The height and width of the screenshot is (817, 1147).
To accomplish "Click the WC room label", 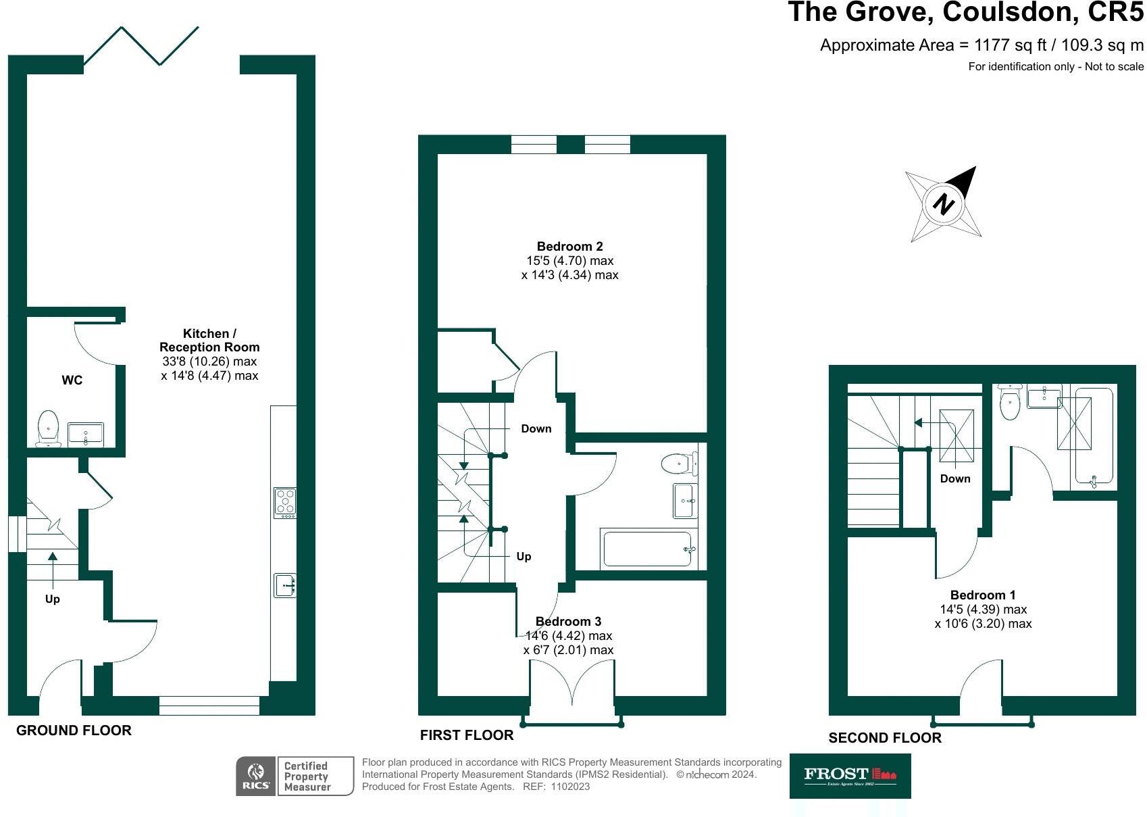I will (x=72, y=380).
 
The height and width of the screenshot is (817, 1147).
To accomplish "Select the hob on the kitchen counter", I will (x=284, y=502).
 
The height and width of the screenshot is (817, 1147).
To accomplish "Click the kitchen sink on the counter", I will (x=284, y=585).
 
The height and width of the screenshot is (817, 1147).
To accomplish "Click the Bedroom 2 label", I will (x=569, y=247).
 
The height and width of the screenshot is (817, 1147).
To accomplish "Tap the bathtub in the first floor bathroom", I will (x=647, y=549).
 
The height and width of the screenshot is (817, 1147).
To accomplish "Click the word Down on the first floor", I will (x=536, y=428).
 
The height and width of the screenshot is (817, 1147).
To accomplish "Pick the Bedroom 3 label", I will (x=568, y=621).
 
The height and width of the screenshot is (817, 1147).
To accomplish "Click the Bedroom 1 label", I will (x=982, y=595).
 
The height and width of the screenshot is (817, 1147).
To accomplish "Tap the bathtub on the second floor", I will (x=1093, y=437).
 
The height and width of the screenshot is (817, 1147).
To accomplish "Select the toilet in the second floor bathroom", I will (x=1009, y=403).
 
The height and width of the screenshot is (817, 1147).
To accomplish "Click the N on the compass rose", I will (x=943, y=203).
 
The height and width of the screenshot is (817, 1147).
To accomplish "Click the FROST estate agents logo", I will (x=849, y=776).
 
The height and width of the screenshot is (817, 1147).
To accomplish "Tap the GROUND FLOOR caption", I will (x=74, y=730).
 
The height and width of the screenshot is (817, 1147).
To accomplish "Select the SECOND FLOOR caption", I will (x=884, y=738).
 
